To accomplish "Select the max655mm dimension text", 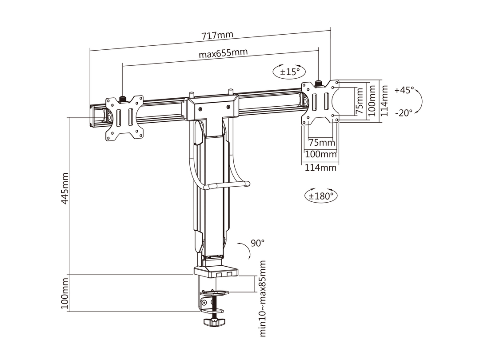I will tap(223, 53).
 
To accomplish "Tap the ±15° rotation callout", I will tap(289, 72).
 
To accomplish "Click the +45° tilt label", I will tap(404, 90).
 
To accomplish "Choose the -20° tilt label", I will tap(404, 112).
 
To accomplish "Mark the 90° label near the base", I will tap(257, 243).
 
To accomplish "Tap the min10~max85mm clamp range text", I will tap(263, 299).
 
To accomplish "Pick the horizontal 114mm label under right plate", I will tap(320, 168).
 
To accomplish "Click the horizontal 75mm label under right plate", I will tap(321, 143).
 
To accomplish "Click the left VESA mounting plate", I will tap(124, 118).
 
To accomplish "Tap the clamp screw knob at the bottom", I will tap(214, 321).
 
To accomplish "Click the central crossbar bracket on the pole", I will tap(211, 108).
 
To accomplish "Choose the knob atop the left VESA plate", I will tap(123, 98).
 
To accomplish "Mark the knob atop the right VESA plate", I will tap(319, 83).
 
